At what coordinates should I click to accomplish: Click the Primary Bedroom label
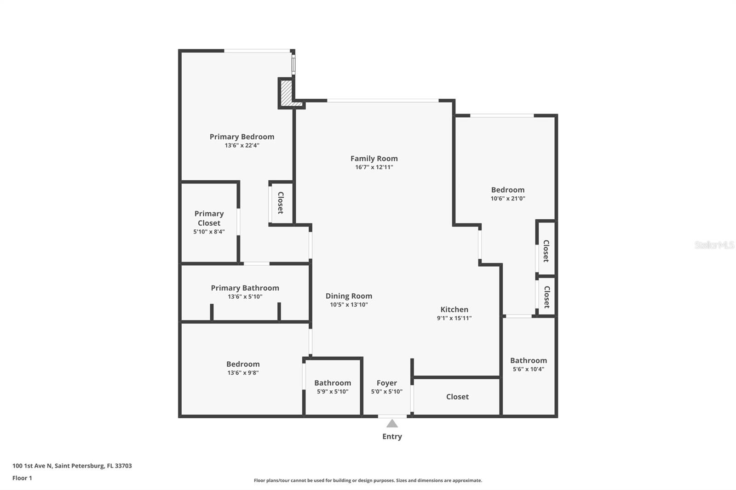point(242,137)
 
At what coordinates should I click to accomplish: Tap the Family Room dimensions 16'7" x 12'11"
point(374,167)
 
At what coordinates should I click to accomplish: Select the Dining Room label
point(349,296)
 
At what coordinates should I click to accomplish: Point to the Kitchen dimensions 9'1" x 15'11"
point(454,318)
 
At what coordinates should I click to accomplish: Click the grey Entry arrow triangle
point(392,423)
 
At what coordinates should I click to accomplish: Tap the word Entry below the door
point(392,437)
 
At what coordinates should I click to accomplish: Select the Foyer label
point(386,383)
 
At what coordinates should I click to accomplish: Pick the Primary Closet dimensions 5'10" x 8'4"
point(209,232)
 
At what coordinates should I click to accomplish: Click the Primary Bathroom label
point(245,288)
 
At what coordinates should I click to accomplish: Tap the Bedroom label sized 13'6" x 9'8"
point(243,364)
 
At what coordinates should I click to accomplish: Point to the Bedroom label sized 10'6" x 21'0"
point(507,190)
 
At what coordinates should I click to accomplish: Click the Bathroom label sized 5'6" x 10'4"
point(528,360)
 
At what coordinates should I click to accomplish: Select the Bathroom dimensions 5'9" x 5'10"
point(332,392)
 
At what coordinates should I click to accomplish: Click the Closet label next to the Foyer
point(457,397)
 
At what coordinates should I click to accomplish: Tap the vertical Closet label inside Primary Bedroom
point(281,203)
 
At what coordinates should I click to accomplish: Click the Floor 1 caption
point(22,478)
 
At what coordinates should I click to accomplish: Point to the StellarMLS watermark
point(714,245)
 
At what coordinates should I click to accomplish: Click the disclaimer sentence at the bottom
point(368,480)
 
